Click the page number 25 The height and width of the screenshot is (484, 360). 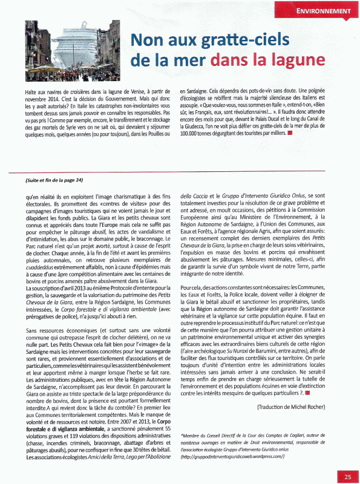(x=348, y=476)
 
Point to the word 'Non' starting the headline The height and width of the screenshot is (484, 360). (x=148, y=41)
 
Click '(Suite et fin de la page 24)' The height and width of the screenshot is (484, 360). (x=54, y=180)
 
